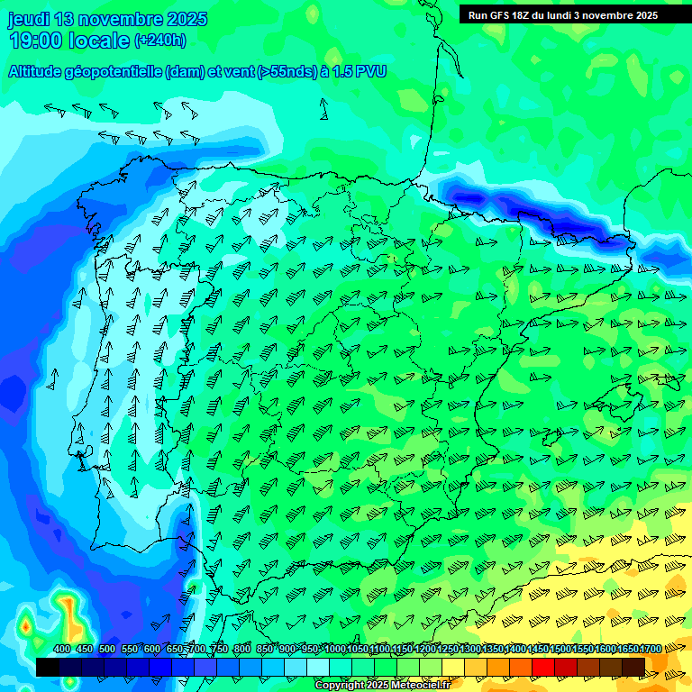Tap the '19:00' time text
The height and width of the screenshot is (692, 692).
point(36,41)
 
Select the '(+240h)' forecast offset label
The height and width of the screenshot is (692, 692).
point(160,40)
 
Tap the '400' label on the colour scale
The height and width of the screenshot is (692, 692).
point(62,649)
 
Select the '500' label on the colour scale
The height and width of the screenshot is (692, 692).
point(107,649)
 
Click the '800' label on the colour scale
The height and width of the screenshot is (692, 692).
point(241,649)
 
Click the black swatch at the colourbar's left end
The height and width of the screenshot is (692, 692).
point(48,667)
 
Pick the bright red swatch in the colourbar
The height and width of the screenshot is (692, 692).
point(543,667)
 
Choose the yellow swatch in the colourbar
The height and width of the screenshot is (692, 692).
point(452,667)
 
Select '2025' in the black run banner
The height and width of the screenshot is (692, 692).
point(644,15)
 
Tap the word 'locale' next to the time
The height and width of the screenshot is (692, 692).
point(100,41)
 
